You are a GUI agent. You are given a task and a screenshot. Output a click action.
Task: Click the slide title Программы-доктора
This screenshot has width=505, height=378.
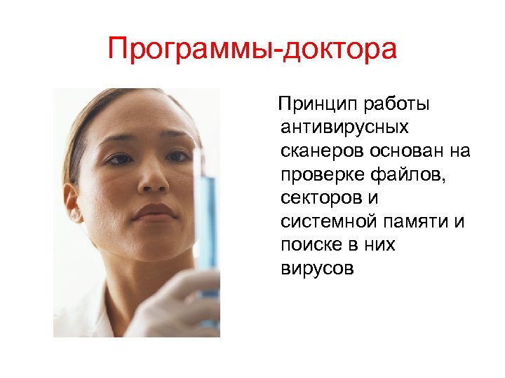[x=252, y=50]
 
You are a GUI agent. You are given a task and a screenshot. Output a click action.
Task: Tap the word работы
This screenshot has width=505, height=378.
[x=395, y=105]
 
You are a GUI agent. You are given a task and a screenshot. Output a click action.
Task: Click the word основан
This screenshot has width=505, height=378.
[x=408, y=151]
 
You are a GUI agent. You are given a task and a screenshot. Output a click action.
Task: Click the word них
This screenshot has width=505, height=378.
[x=379, y=245]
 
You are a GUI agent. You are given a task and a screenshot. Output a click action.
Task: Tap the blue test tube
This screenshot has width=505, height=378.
[x=206, y=210]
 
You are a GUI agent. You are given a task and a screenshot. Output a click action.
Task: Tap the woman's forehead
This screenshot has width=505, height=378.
[x=144, y=119]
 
